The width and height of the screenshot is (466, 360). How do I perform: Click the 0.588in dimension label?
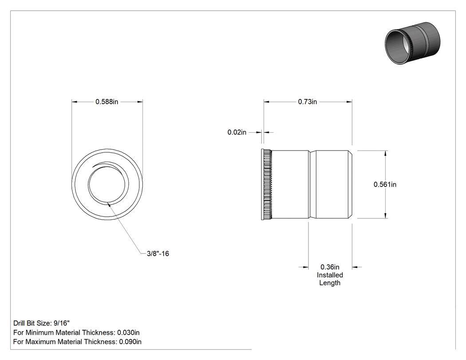pos(107,102)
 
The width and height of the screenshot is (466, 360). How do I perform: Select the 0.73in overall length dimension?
pos(307,102)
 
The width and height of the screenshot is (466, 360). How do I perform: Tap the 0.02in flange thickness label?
pos(237,132)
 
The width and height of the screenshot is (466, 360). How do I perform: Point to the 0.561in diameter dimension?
pos(385,184)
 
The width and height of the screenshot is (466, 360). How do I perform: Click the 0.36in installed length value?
pos(330,267)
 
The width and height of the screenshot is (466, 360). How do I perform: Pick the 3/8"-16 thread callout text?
pos(158,253)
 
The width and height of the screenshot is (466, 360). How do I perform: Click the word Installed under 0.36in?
pos(330,275)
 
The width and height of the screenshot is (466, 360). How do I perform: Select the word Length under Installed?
pos(330,283)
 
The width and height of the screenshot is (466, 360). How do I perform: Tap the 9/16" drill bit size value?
pos(62,323)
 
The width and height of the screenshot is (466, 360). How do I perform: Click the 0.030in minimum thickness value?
pos(128,332)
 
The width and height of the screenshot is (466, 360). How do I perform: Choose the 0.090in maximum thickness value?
pos(130,341)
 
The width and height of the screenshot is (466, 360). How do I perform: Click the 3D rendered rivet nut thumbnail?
pos(412,43)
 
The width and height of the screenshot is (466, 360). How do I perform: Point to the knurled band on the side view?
pos(268,185)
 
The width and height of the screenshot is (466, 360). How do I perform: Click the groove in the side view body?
pos(312,185)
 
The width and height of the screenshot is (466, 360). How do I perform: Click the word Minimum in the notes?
pos(40,332)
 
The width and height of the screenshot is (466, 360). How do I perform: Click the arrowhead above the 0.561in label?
pos(386,154)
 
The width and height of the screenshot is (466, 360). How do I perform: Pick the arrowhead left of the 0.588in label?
pos(75,102)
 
